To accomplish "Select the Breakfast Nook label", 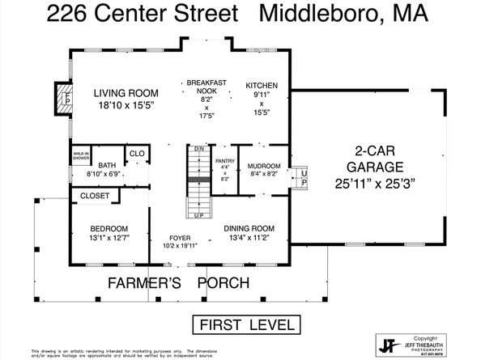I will pyautogui.click(x=206, y=87).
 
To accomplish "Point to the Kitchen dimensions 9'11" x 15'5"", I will pyautogui.click(x=262, y=107).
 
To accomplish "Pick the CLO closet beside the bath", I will pyautogui.click(x=136, y=152).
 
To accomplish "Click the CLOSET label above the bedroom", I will pyautogui.click(x=94, y=196).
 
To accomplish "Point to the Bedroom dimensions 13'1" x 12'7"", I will pyautogui.click(x=109, y=237).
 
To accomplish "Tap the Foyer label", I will pyautogui.click(x=180, y=238).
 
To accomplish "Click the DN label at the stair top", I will pyautogui.click(x=198, y=149).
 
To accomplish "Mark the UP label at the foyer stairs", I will pyautogui.click(x=198, y=215).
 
